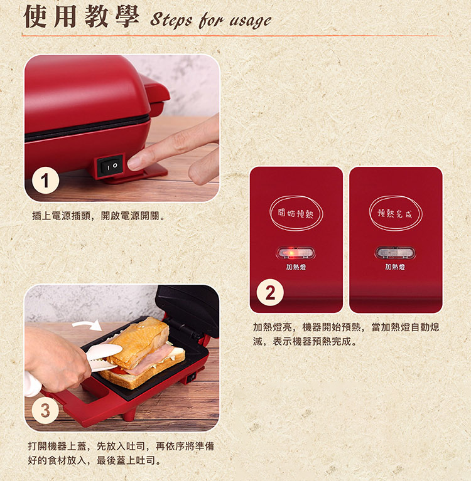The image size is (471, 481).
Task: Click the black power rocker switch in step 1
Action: (111, 166)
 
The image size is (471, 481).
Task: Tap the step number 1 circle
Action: (45, 181)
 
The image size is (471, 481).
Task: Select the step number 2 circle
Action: (270, 293)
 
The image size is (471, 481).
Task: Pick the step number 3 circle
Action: (45, 410)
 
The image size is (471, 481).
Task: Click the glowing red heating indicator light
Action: (296, 253)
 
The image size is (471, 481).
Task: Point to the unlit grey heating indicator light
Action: (395, 253)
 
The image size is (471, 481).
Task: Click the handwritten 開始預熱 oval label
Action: (296, 213)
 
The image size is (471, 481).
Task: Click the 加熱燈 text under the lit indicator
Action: (296, 267)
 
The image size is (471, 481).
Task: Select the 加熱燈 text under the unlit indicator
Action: (395, 267)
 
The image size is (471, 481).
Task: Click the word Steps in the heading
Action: (171, 20)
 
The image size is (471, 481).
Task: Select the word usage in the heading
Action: (251, 21)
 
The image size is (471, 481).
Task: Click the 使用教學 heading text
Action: (81, 16)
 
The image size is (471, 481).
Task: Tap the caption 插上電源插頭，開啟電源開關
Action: (99, 216)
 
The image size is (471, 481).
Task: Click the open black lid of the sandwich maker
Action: (187, 310)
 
